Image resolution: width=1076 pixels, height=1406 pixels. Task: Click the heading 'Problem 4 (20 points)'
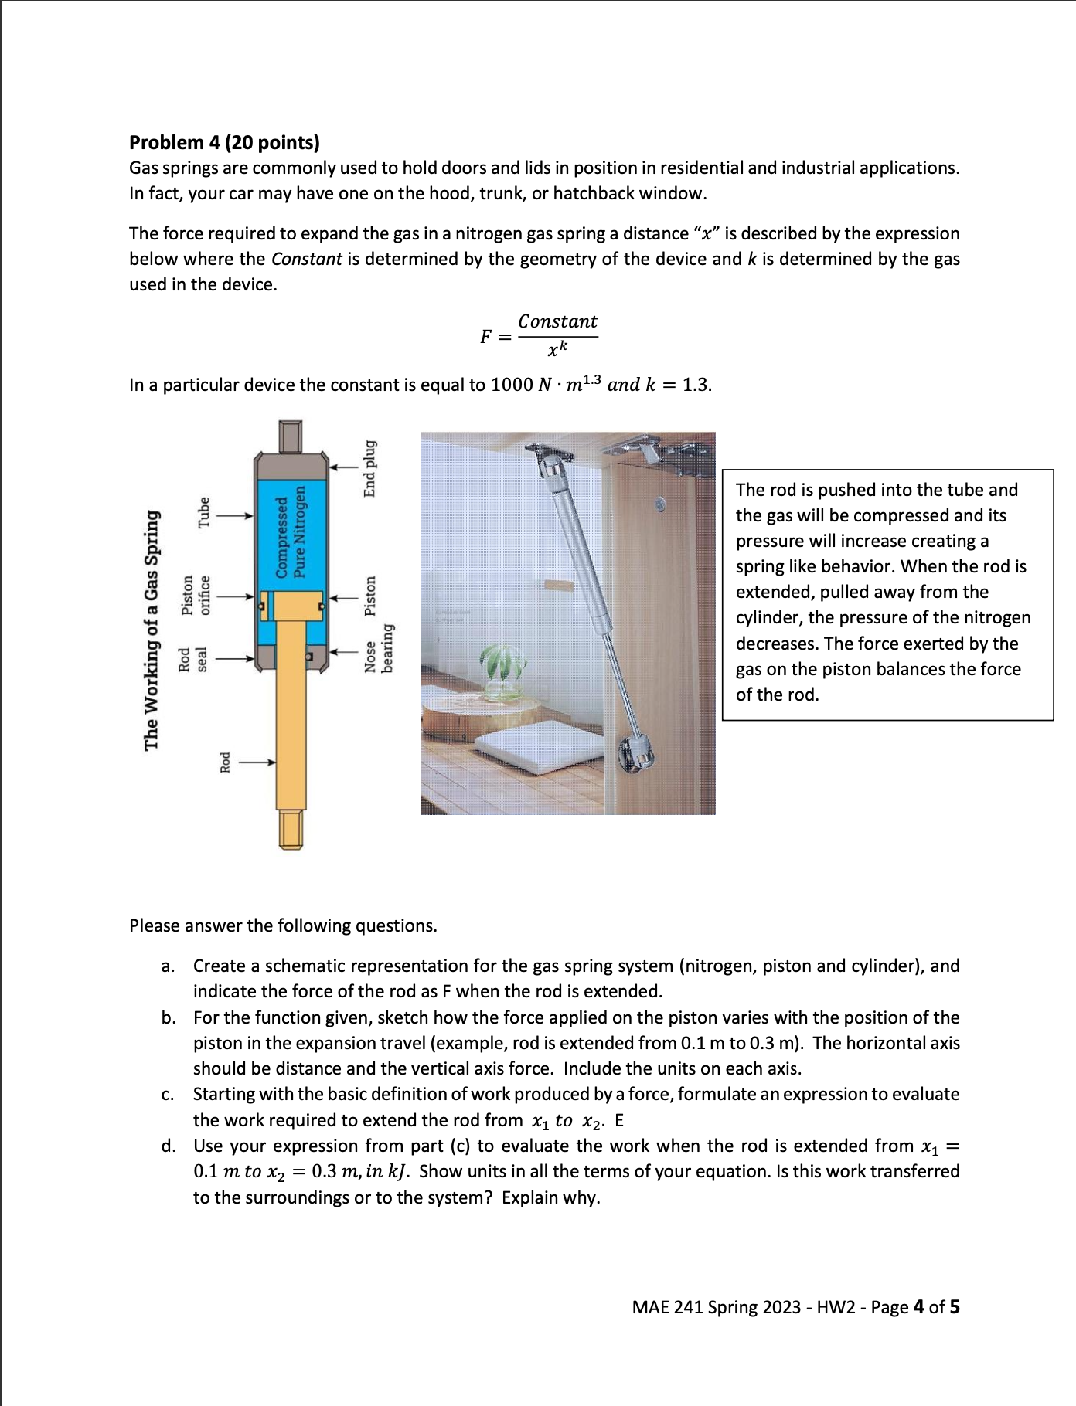click(x=224, y=143)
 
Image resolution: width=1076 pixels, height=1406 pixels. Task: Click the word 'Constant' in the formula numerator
click(x=557, y=321)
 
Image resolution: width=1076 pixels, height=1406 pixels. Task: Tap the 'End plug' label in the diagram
click(x=370, y=469)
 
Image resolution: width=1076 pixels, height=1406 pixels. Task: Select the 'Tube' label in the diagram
click(x=204, y=512)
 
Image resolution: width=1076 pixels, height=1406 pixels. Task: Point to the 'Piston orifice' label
click(x=195, y=595)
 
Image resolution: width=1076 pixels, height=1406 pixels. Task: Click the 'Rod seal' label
click(x=192, y=659)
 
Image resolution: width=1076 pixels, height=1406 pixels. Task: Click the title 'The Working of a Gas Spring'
click(x=152, y=630)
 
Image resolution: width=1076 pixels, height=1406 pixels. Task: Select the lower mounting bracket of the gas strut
click(x=641, y=752)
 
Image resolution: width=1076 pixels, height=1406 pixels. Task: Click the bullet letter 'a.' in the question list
click(x=168, y=966)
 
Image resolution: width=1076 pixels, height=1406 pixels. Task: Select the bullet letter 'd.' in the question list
click(x=168, y=1146)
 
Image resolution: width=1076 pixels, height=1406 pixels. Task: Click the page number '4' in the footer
click(x=918, y=1307)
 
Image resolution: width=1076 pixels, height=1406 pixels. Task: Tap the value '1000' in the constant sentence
click(x=512, y=385)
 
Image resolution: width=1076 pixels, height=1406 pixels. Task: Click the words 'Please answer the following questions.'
click(x=283, y=926)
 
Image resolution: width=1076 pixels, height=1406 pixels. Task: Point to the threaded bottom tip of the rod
click(x=291, y=830)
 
